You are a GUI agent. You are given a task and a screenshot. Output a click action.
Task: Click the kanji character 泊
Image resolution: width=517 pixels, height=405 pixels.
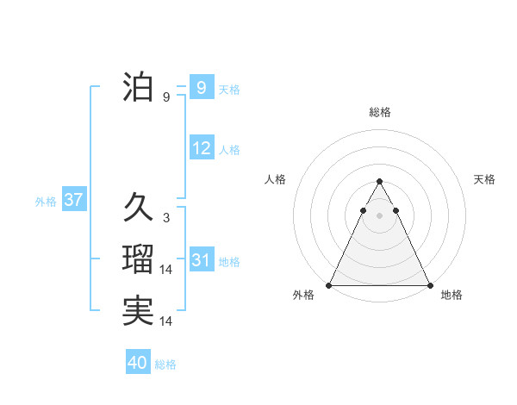pyautogui.click(x=138, y=89)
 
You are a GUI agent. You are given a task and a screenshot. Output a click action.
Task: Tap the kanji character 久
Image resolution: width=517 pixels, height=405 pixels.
pyautogui.click(x=138, y=207)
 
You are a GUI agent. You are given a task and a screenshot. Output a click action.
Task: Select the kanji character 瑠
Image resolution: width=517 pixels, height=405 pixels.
pyautogui.click(x=138, y=259)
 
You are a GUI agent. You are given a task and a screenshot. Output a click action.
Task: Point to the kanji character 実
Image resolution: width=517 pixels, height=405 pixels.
pyautogui.click(x=138, y=311)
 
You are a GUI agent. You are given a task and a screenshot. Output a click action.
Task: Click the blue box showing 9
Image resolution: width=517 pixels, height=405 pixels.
pyautogui.click(x=201, y=87)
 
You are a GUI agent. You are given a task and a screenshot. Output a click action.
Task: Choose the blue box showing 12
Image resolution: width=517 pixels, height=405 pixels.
pyautogui.click(x=201, y=148)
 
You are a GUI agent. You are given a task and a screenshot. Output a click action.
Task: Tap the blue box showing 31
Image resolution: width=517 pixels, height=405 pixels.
pyautogui.click(x=201, y=260)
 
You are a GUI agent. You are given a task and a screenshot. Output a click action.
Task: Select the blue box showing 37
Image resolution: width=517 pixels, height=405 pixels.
pyautogui.click(x=73, y=201)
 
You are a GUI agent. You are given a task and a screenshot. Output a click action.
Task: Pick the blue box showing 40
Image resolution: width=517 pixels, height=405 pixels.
pyautogui.click(x=138, y=363)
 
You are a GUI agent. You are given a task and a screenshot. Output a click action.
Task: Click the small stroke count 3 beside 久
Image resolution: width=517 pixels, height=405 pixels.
pyautogui.click(x=165, y=217)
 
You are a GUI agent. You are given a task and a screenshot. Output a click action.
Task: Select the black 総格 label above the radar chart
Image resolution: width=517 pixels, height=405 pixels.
pyautogui.click(x=379, y=112)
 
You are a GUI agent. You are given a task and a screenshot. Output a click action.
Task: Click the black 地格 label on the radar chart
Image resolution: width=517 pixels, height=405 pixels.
pyautogui.click(x=452, y=295)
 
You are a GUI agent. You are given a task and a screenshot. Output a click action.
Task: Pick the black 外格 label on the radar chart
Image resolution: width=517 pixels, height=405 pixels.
pyautogui.click(x=303, y=295)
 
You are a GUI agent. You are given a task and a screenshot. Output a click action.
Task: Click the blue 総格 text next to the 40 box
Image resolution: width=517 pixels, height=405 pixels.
pyautogui.click(x=165, y=364)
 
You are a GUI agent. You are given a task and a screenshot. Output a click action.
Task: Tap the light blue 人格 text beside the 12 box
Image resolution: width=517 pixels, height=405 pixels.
pyautogui.click(x=229, y=150)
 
